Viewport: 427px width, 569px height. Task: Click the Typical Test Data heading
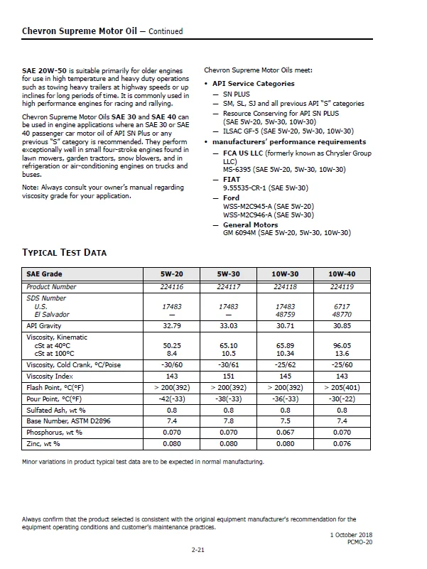click(65, 253)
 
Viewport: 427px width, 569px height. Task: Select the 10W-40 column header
click(341, 274)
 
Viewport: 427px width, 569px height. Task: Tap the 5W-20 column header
click(171, 274)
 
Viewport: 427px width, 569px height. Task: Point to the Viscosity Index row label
click(50, 376)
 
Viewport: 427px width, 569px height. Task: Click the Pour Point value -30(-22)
click(341, 399)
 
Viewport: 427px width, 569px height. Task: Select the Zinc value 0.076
click(341, 444)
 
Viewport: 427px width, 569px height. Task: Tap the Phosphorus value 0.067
click(285, 432)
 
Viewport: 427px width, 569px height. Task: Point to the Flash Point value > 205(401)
click(341, 388)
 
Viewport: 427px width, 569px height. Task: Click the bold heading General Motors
click(251, 224)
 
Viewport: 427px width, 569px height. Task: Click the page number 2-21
click(200, 551)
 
